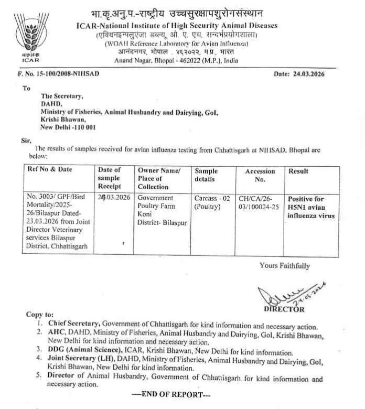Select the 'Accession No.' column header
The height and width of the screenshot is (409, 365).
pos(260,175)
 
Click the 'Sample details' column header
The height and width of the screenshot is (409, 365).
pos(206,175)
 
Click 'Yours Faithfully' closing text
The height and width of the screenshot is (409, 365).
pos(284,265)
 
